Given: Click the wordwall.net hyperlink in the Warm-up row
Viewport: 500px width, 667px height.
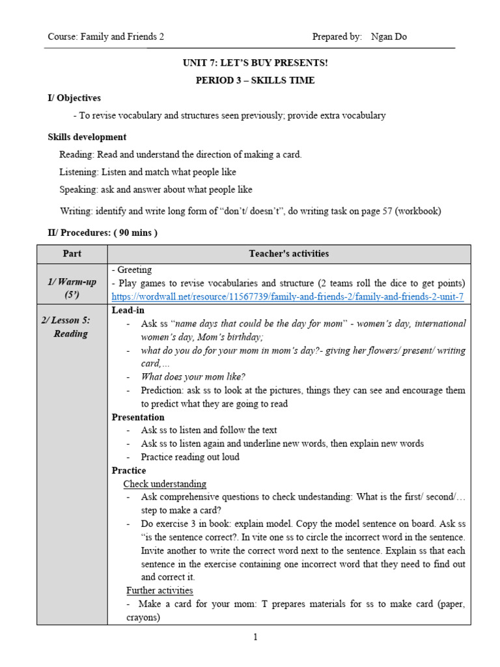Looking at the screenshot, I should (x=288, y=296).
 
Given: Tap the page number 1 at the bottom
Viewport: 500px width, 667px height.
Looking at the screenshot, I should (x=256, y=637).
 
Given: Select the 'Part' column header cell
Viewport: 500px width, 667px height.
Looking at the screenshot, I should (x=72, y=253).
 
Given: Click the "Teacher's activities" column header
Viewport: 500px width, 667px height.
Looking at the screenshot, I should (x=289, y=253).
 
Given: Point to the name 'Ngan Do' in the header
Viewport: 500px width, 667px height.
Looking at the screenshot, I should (x=389, y=37).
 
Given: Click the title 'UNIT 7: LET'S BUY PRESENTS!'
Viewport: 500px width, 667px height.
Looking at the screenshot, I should (x=255, y=63).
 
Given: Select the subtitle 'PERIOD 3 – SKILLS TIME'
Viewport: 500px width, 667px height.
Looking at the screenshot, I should (x=255, y=80).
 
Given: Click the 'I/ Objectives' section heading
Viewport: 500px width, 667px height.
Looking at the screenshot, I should (x=74, y=98).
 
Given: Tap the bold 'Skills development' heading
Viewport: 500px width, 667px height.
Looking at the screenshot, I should (x=87, y=137).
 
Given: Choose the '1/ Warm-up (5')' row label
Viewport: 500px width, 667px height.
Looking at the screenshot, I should (x=72, y=288).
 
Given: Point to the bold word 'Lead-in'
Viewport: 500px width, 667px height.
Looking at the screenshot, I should (x=128, y=310).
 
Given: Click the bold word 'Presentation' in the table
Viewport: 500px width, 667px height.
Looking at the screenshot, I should (x=138, y=417).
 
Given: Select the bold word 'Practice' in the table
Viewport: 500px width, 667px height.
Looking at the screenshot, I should (x=129, y=470).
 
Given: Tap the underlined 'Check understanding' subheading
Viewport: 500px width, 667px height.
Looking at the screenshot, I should (x=165, y=484).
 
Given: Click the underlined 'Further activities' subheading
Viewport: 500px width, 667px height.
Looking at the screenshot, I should (x=160, y=590).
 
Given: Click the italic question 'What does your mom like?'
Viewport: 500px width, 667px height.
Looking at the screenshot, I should (x=193, y=376).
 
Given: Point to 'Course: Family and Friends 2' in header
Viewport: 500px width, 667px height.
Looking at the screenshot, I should (x=105, y=37).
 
